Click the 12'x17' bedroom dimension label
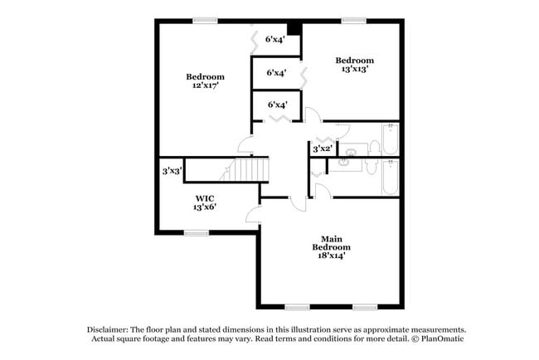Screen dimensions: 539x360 click(x=206, y=85)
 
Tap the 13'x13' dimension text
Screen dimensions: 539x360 click(x=355, y=69)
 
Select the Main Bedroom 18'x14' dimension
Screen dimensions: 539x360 click(x=332, y=255)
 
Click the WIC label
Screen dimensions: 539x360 click(x=205, y=198)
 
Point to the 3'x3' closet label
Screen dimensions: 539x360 click(x=172, y=171)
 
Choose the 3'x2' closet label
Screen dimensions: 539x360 click(x=323, y=148)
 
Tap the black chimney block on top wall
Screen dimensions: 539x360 click(x=294, y=29)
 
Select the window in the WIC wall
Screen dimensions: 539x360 click(x=197, y=233)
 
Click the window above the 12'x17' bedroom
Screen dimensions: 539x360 click(x=205, y=21)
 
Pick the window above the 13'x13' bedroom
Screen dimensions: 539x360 click(x=354, y=21)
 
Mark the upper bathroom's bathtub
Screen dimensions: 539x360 click(x=391, y=139)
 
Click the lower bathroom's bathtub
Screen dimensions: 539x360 click(x=391, y=178)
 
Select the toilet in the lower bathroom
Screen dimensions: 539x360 click(x=371, y=167)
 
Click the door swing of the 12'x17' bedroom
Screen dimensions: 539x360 click(x=245, y=144)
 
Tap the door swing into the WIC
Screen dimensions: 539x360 click(x=253, y=215)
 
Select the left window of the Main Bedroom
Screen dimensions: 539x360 click(x=298, y=308)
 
